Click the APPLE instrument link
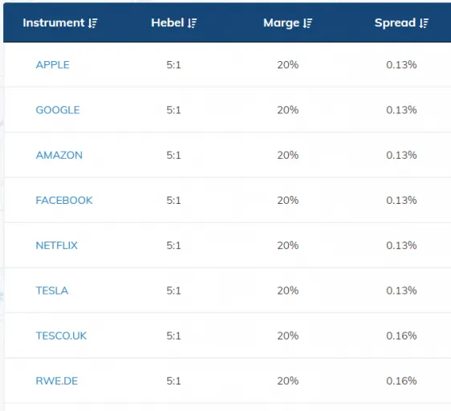(52, 64)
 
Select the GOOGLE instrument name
(57, 110)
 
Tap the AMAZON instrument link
(59, 155)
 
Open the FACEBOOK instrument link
(64, 200)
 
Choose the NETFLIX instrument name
(56, 245)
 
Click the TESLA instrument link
(51, 291)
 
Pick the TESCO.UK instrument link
(61, 336)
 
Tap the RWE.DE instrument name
(56, 380)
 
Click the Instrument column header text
(53, 22)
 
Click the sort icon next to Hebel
(192, 23)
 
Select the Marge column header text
(281, 22)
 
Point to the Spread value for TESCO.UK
(401, 336)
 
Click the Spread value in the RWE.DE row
(401, 380)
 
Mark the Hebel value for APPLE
(174, 64)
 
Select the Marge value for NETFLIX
(287, 245)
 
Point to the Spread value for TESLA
(401, 291)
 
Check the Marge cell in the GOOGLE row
(287, 110)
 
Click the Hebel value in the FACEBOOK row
(174, 200)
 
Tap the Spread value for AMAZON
(401, 155)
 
